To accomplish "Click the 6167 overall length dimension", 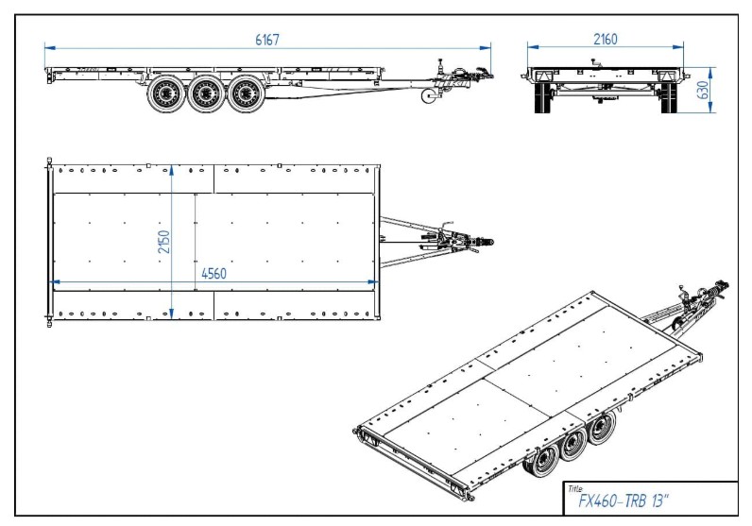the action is (266, 40).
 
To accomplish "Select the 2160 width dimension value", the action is (606, 40).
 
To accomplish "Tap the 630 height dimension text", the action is (702, 90).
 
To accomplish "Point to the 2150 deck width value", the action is (164, 242).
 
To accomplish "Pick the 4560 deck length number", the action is (214, 274).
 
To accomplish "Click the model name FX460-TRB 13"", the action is (623, 501).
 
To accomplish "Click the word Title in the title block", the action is (574, 488).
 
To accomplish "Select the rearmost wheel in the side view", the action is (166, 93).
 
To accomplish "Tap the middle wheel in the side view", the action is (206, 93).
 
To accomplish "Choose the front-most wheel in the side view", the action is (247, 93).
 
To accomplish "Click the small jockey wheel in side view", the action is (429, 95).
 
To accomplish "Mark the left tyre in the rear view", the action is (541, 98).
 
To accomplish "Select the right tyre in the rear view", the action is (669, 98).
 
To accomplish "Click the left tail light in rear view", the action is (543, 76).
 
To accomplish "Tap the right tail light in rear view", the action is (667, 76).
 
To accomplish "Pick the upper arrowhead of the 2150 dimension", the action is (172, 170).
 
